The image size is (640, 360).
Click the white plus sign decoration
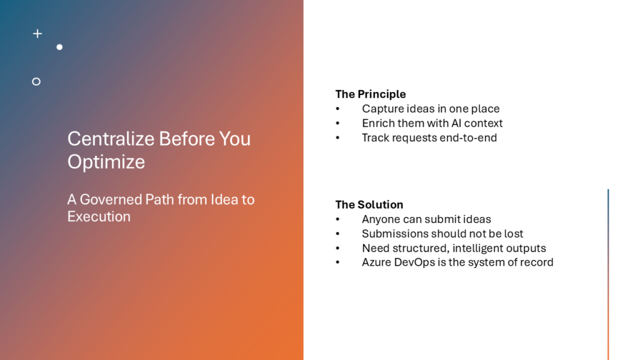click(x=37, y=34)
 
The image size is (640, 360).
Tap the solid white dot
click(x=59, y=47)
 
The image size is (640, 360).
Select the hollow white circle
click(x=36, y=82)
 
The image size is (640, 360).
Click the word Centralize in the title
click(x=111, y=139)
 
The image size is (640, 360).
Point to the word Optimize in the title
click(x=106, y=162)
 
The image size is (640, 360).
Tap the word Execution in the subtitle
click(x=99, y=216)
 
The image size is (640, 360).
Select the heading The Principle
click(x=371, y=94)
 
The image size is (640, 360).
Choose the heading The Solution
click(x=369, y=204)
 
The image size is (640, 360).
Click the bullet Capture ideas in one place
click(x=431, y=109)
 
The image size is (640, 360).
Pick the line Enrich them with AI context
click(x=432, y=123)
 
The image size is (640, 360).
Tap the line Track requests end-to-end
click(x=429, y=137)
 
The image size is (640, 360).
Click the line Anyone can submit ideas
click(x=426, y=219)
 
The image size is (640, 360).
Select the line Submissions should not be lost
click(x=442, y=234)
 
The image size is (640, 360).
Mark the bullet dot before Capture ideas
click(x=337, y=109)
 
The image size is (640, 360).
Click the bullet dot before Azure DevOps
click(x=337, y=262)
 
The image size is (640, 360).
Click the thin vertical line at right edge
click(x=608, y=274)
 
